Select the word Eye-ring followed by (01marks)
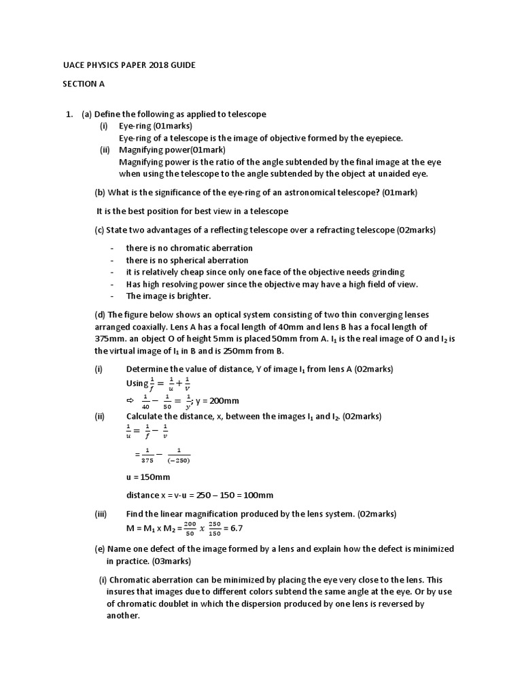click(135, 126)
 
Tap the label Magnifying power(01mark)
click(172, 150)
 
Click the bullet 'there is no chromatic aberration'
click(189, 248)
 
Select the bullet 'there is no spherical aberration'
click(187, 260)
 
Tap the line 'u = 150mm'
click(148, 477)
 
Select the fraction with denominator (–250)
click(179, 455)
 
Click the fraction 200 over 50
click(190, 528)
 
